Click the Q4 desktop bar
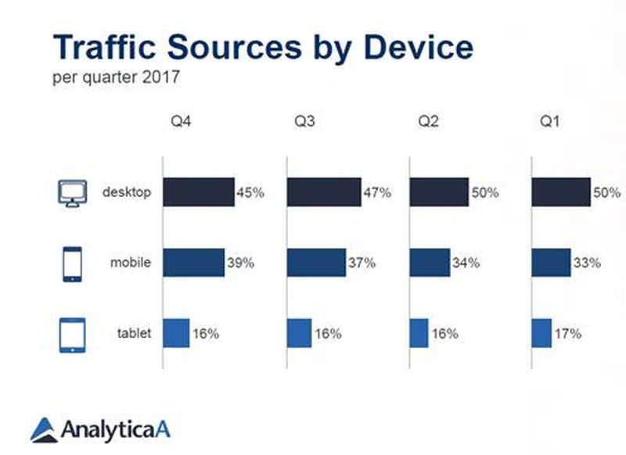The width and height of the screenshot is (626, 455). pyautogui.click(x=199, y=192)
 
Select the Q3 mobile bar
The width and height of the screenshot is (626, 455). pyautogui.click(x=316, y=263)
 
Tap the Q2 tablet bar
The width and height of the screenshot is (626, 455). pyautogui.click(x=419, y=334)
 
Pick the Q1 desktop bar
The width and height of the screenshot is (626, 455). pyautogui.click(x=561, y=192)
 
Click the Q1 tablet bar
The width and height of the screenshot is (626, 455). pyautogui.click(x=541, y=334)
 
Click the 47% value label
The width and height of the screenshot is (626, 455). pyautogui.click(x=376, y=192)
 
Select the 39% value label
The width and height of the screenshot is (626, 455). pyautogui.click(x=239, y=263)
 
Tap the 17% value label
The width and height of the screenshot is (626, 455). pyautogui.click(x=567, y=334)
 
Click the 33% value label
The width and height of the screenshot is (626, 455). pyautogui.click(x=587, y=263)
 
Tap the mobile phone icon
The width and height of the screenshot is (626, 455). pyautogui.click(x=71, y=264)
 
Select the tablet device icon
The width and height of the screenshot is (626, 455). pyautogui.click(x=71, y=335)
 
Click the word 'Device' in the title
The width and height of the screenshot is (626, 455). pyautogui.click(x=419, y=48)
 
